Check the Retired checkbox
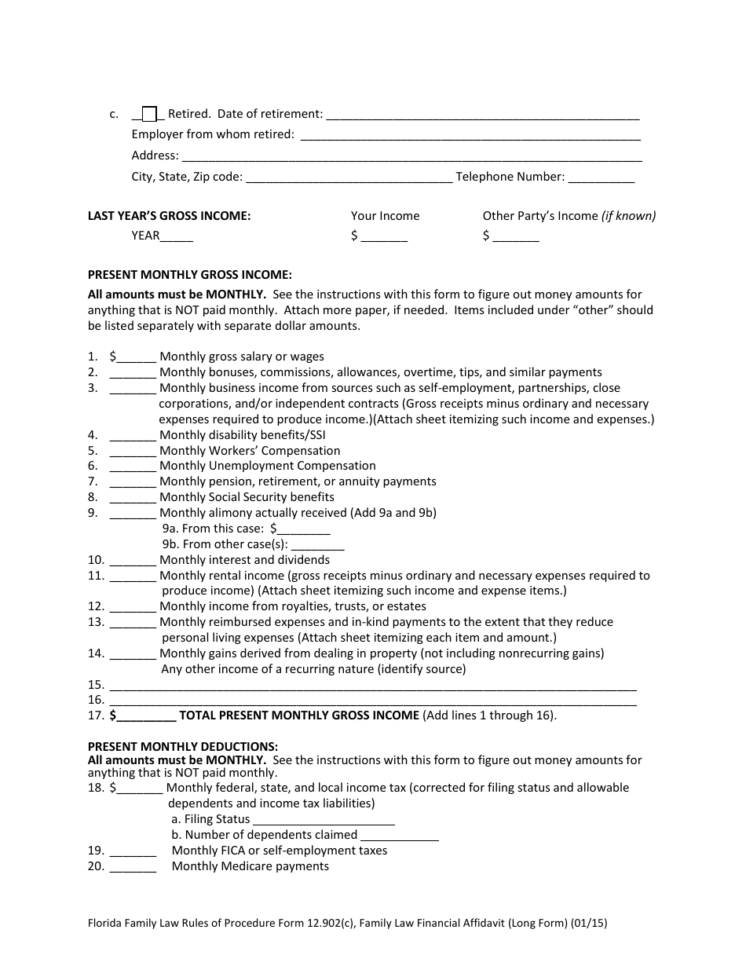coord(150,115)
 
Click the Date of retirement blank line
coord(482,115)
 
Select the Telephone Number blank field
coord(601,177)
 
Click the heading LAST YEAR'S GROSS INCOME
coord(169,216)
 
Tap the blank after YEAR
coord(177,236)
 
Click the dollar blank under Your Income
coord(384,236)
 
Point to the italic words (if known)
coord(628,216)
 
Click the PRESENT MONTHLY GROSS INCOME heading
coord(189,275)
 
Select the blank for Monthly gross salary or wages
coord(137,357)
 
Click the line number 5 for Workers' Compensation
coord(93,451)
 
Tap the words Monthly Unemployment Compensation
coord(268,466)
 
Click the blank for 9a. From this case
coord(304,530)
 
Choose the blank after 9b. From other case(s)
coord(318,545)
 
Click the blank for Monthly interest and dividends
coord(133,561)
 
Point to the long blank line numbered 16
coord(372,701)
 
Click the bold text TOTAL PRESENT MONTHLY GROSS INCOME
coord(299,715)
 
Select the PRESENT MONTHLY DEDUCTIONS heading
coord(182,746)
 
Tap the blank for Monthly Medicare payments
coord(133,867)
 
